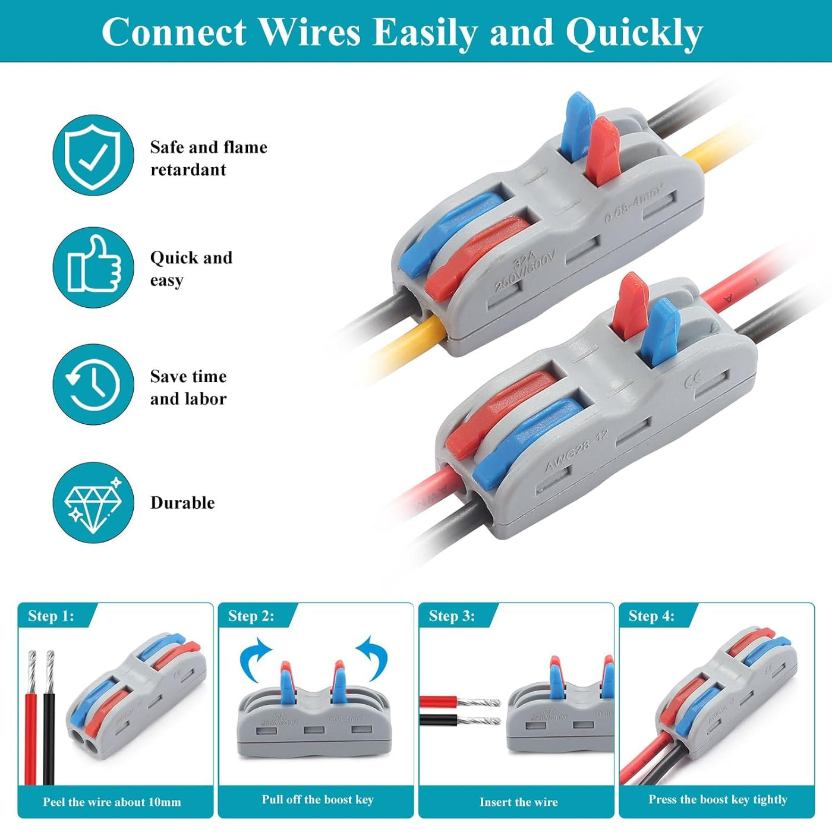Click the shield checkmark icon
(x=93, y=156)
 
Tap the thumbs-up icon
(x=93, y=267)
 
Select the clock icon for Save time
(x=93, y=385)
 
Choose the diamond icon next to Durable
(x=93, y=503)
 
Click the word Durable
(x=182, y=503)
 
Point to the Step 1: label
(x=51, y=616)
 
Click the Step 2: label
(x=251, y=616)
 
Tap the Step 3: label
(x=452, y=616)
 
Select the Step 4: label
(x=651, y=616)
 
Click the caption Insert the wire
(x=518, y=802)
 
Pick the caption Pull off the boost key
(x=317, y=799)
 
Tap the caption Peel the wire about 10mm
(x=112, y=802)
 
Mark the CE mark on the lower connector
(x=692, y=379)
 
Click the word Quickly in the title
(x=634, y=33)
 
